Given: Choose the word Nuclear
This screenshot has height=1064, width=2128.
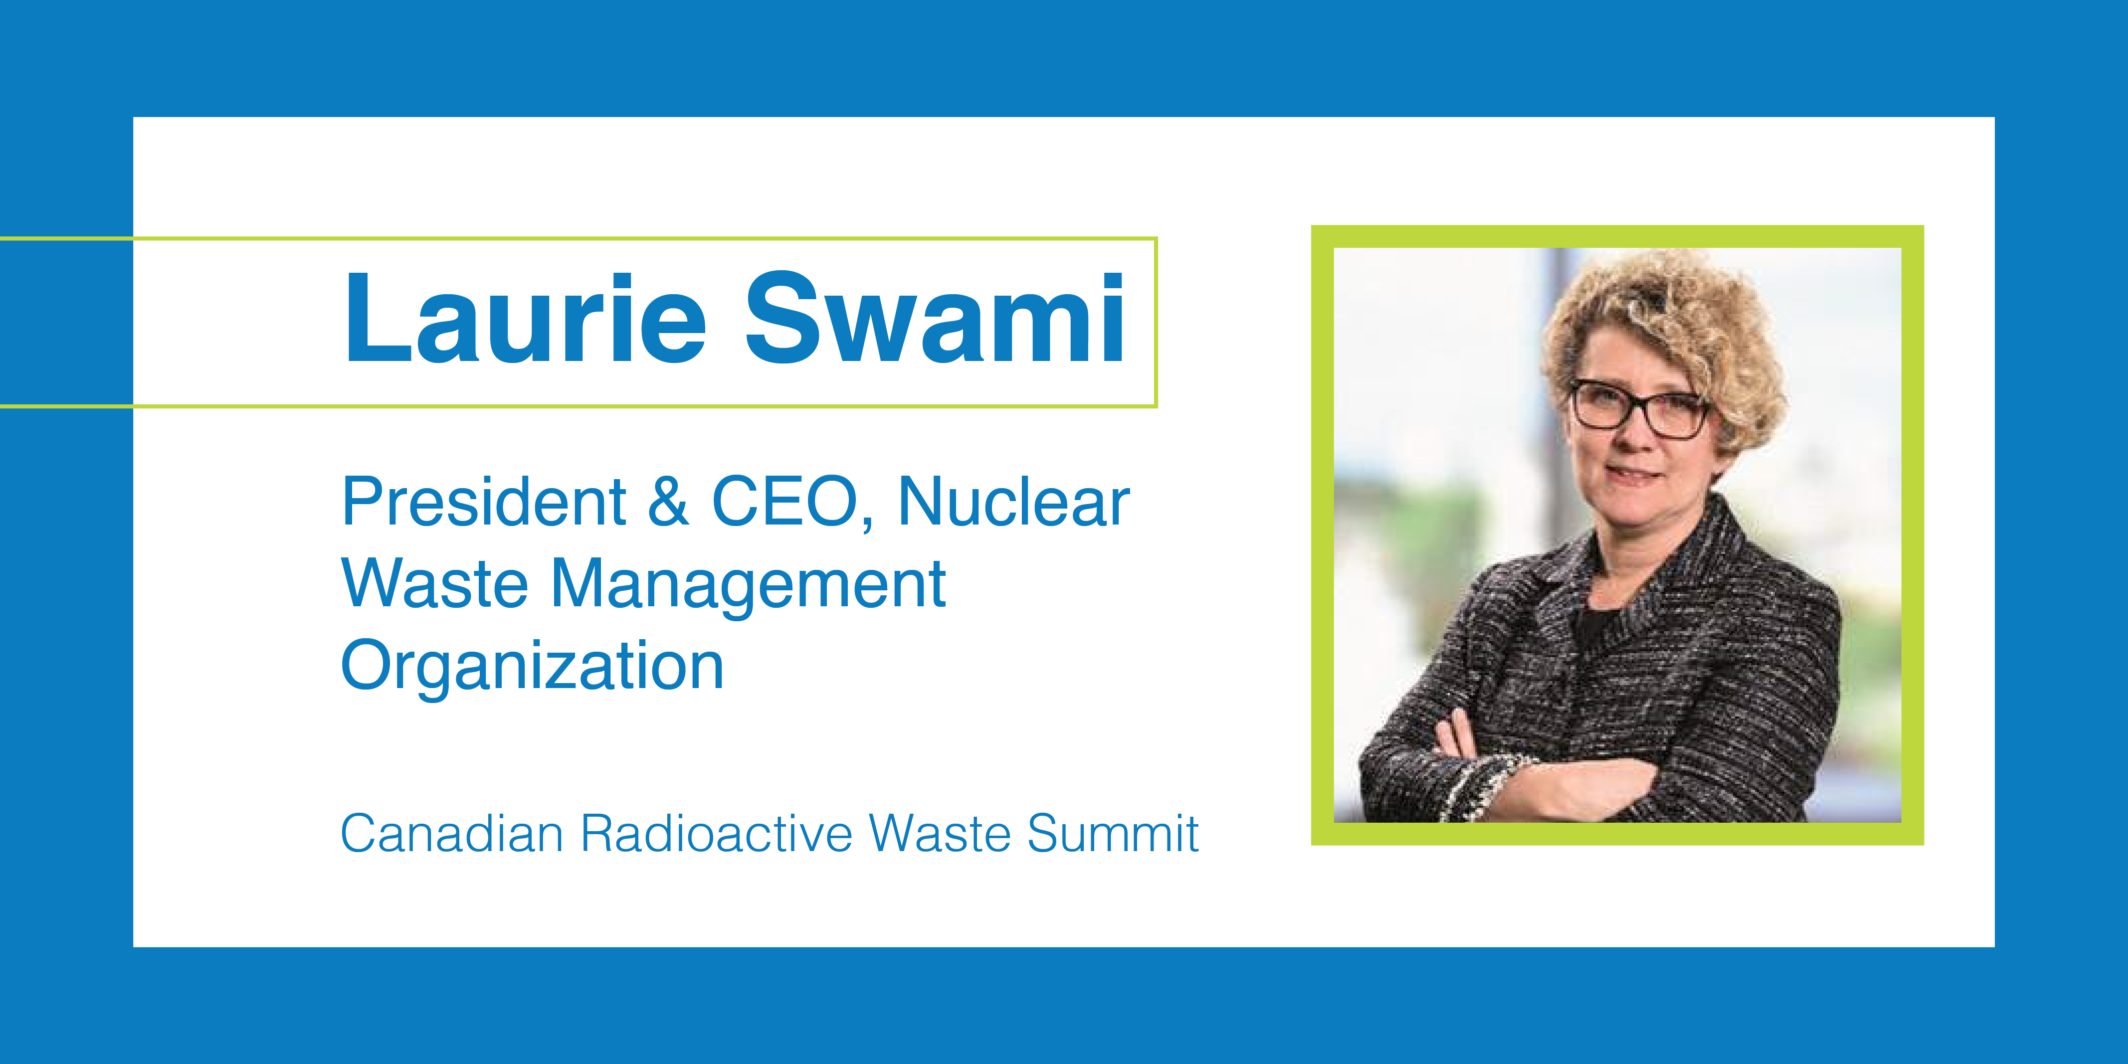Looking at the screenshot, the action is point(1013,502).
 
